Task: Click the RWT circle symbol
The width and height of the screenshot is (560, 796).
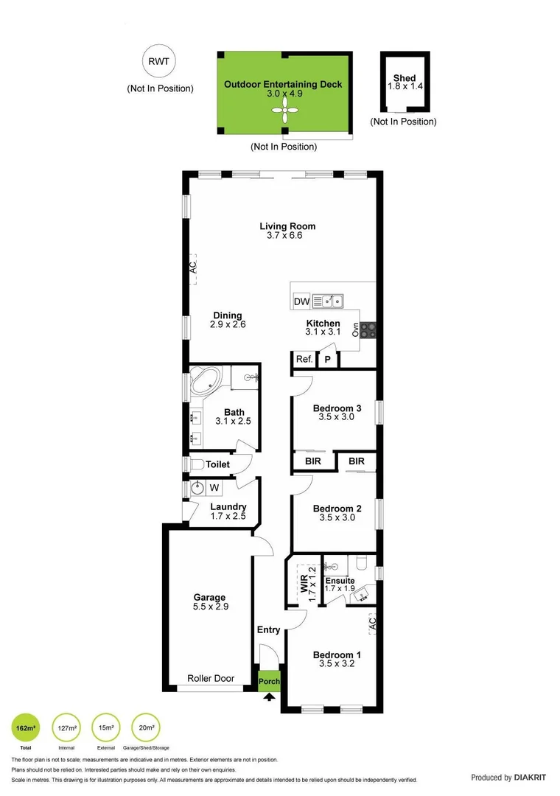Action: point(160,63)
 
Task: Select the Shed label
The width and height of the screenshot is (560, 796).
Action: point(405,78)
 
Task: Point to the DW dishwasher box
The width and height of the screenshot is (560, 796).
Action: point(301,301)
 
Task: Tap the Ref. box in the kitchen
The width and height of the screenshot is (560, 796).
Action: point(304,360)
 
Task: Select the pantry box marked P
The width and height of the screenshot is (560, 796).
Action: point(328,360)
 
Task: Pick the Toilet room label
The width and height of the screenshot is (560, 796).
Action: point(217,465)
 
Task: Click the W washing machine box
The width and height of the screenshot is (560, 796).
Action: point(214,487)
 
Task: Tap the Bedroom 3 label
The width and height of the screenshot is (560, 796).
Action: point(337,409)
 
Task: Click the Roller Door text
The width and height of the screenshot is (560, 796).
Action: point(211,678)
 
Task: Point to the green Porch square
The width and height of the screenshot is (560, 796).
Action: point(270,681)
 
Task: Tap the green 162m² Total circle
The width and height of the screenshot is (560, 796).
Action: point(26,728)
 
